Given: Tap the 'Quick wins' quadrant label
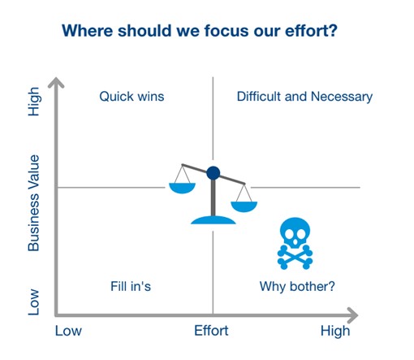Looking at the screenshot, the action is [x=132, y=97].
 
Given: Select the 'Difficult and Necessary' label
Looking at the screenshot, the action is [x=304, y=97].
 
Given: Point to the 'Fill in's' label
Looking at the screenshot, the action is [x=131, y=286].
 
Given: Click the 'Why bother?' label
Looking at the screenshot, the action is [x=297, y=287].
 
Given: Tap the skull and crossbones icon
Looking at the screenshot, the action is [x=295, y=244].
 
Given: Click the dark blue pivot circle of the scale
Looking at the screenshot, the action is [x=213, y=173].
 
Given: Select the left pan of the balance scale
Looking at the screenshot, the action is [x=182, y=188].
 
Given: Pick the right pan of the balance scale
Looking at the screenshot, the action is [x=244, y=206].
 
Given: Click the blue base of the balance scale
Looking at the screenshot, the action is [x=213, y=220].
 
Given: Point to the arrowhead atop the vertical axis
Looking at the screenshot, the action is [x=56, y=83].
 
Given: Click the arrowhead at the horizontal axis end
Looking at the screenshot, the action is [x=352, y=315].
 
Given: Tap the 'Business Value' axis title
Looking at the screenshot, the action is [x=34, y=203].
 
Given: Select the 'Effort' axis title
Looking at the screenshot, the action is [x=211, y=331].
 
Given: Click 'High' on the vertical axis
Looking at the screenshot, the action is [x=34, y=102].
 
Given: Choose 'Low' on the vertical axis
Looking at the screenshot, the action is [x=34, y=302].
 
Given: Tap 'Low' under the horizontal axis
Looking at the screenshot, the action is [x=68, y=331].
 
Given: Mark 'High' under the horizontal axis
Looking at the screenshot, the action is [x=335, y=332].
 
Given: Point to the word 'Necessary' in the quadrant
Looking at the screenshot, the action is [x=342, y=97].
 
